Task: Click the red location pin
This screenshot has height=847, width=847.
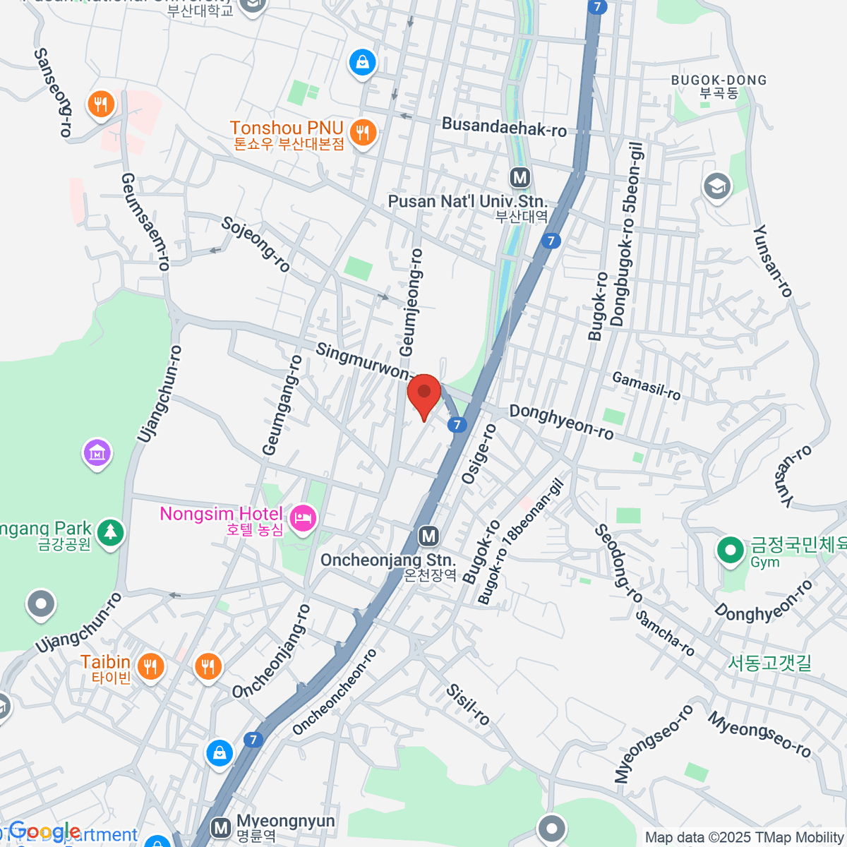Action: tap(423, 394)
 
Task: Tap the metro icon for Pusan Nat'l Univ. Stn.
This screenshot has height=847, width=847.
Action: tap(520, 177)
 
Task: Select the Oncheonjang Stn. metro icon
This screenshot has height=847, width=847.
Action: tap(428, 536)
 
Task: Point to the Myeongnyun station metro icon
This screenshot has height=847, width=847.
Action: tap(222, 827)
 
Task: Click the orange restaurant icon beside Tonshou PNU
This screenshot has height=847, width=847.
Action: tap(363, 131)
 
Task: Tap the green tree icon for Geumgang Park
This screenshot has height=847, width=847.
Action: tap(109, 531)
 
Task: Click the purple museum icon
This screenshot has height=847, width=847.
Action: tap(97, 452)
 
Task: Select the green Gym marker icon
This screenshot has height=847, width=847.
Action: tap(730, 551)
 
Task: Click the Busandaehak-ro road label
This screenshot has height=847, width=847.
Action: tap(504, 128)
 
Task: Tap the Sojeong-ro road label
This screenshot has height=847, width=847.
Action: tap(256, 244)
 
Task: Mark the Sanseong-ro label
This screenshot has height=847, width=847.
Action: tap(54, 92)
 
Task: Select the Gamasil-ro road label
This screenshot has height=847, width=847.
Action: tap(646, 385)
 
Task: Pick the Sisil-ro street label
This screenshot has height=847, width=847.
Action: tap(468, 704)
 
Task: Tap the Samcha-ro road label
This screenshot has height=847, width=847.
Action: tap(665, 633)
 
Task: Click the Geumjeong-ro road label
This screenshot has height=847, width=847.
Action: tap(412, 302)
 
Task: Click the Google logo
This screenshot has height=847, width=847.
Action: tap(44, 832)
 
